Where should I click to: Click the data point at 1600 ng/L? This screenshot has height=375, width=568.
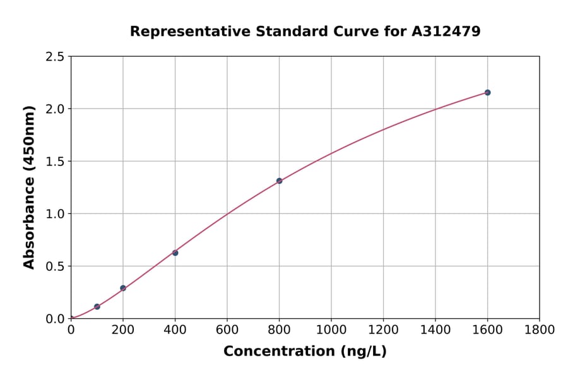point(487,93)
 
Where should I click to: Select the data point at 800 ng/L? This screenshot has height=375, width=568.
point(279,181)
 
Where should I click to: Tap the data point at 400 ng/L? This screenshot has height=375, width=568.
point(175,253)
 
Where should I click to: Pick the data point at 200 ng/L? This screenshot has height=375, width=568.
point(123,288)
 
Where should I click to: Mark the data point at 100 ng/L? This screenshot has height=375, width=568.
point(97,307)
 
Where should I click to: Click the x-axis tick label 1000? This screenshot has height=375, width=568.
point(331,330)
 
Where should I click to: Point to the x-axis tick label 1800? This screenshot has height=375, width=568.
point(539,330)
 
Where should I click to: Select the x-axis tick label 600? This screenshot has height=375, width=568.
point(227,330)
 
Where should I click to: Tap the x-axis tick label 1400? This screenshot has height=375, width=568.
point(435,330)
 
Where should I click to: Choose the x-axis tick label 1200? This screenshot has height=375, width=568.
point(383,330)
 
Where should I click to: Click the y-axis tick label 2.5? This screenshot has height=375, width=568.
point(56,57)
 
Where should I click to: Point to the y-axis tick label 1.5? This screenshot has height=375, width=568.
point(56,162)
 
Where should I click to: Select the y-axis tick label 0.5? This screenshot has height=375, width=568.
point(56,266)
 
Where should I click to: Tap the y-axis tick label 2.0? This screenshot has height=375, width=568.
point(56,109)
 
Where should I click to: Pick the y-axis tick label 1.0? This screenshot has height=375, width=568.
point(56,214)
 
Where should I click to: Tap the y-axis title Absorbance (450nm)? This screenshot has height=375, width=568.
point(29,187)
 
